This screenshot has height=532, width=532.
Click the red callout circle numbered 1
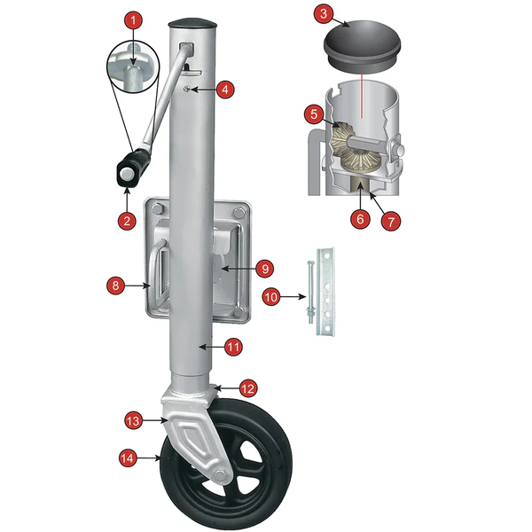133,20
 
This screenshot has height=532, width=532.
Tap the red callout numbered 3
324,14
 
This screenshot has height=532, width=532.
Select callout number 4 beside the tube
225,90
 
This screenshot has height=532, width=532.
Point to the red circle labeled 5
314,114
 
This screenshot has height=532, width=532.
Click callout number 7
391,222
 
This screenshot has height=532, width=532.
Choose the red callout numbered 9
265,269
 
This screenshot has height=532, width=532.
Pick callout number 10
271,297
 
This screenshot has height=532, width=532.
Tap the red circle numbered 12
248,388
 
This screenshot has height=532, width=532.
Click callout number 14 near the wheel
128,458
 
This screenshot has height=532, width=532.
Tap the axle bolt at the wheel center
221,475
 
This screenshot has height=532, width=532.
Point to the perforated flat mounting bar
325,292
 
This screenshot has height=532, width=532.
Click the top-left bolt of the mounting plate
157,209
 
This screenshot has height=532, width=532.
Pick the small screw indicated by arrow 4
186,90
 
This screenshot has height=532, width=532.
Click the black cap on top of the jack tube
192,25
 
